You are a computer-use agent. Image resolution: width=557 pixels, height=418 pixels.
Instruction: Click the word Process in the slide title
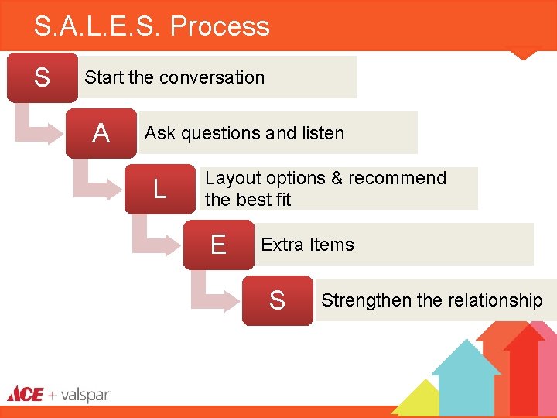[220, 27]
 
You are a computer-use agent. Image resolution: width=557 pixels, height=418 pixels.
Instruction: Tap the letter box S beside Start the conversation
[42, 77]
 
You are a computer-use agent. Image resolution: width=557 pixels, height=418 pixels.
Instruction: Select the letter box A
[101, 134]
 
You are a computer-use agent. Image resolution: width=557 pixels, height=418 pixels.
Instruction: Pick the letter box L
[159, 189]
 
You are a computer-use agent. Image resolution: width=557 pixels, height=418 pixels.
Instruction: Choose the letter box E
[218, 245]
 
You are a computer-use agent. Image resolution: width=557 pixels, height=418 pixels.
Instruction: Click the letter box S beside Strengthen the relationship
[277, 300]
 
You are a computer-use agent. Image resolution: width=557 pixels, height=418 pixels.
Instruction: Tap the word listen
[323, 133]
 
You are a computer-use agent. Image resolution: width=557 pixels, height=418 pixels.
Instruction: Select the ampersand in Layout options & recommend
[337, 178]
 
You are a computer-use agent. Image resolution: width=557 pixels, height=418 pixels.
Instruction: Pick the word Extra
[282, 245]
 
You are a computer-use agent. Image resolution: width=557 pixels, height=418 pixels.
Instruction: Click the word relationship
[495, 300]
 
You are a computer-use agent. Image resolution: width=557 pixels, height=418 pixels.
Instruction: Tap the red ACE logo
[26, 395]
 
